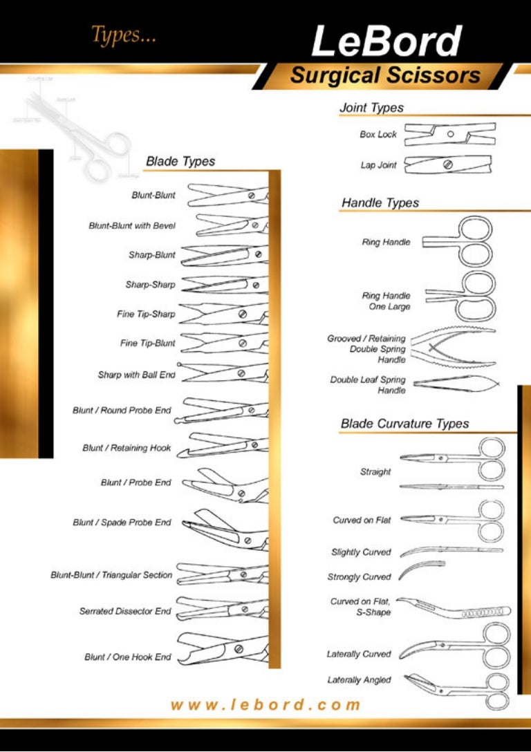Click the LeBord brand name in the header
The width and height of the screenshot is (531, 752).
click(386, 41)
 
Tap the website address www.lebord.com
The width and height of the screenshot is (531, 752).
click(265, 705)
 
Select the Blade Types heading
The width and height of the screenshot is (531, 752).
click(180, 162)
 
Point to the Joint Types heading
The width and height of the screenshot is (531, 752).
click(371, 108)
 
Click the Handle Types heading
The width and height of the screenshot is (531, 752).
click(380, 203)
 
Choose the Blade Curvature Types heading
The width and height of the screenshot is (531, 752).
click(404, 424)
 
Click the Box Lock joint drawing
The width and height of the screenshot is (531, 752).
click(449, 134)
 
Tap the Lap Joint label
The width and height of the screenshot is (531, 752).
click(378, 166)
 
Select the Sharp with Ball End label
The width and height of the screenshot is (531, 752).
click(136, 375)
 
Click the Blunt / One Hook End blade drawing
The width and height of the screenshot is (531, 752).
click(221, 648)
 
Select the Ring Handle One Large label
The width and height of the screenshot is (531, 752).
click(386, 301)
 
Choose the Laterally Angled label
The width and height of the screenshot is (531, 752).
click(359, 681)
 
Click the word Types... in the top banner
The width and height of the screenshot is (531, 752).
click(124, 36)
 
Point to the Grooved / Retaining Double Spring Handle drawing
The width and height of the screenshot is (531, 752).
click(453, 348)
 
